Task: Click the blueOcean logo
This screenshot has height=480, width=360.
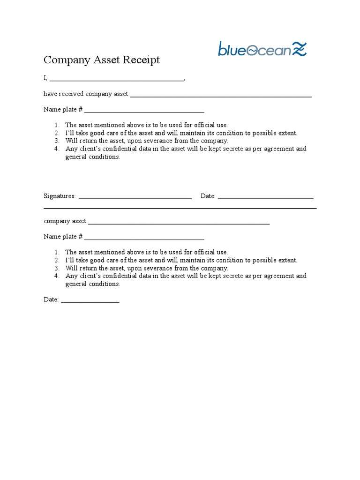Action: point(262,49)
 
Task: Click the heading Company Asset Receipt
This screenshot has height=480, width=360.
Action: point(102,60)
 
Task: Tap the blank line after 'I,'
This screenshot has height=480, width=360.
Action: point(117,80)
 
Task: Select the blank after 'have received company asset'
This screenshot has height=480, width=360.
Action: point(220,96)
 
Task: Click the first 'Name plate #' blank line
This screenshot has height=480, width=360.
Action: point(144,112)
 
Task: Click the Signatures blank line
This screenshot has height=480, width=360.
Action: point(135,198)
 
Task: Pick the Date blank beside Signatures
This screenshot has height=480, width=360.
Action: point(265,198)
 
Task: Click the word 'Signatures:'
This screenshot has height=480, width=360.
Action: point(60,196)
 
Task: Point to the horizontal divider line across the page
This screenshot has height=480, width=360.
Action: point(180,208)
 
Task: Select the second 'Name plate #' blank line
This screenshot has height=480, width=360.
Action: point(144,239)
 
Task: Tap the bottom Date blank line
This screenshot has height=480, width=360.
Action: point(90,301)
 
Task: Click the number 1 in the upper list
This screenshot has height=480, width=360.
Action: point(56,125)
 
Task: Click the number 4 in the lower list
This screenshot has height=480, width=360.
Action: point(56,276)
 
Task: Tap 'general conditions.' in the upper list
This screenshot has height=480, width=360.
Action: point(93,157)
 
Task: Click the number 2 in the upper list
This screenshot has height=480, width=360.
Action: point(56,133)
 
